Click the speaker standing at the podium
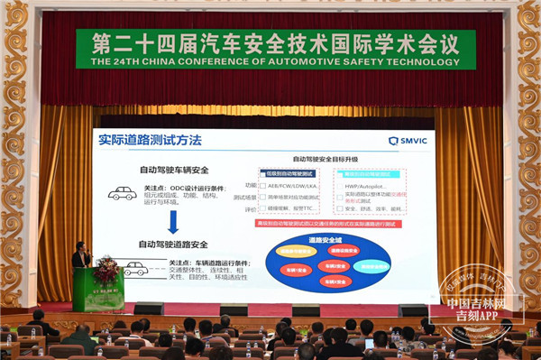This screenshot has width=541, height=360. point(81,256)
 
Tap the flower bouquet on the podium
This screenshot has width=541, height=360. point(106,268)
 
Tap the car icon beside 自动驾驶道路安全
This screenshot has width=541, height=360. point(135,268)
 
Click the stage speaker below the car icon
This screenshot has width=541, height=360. point(149,309)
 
